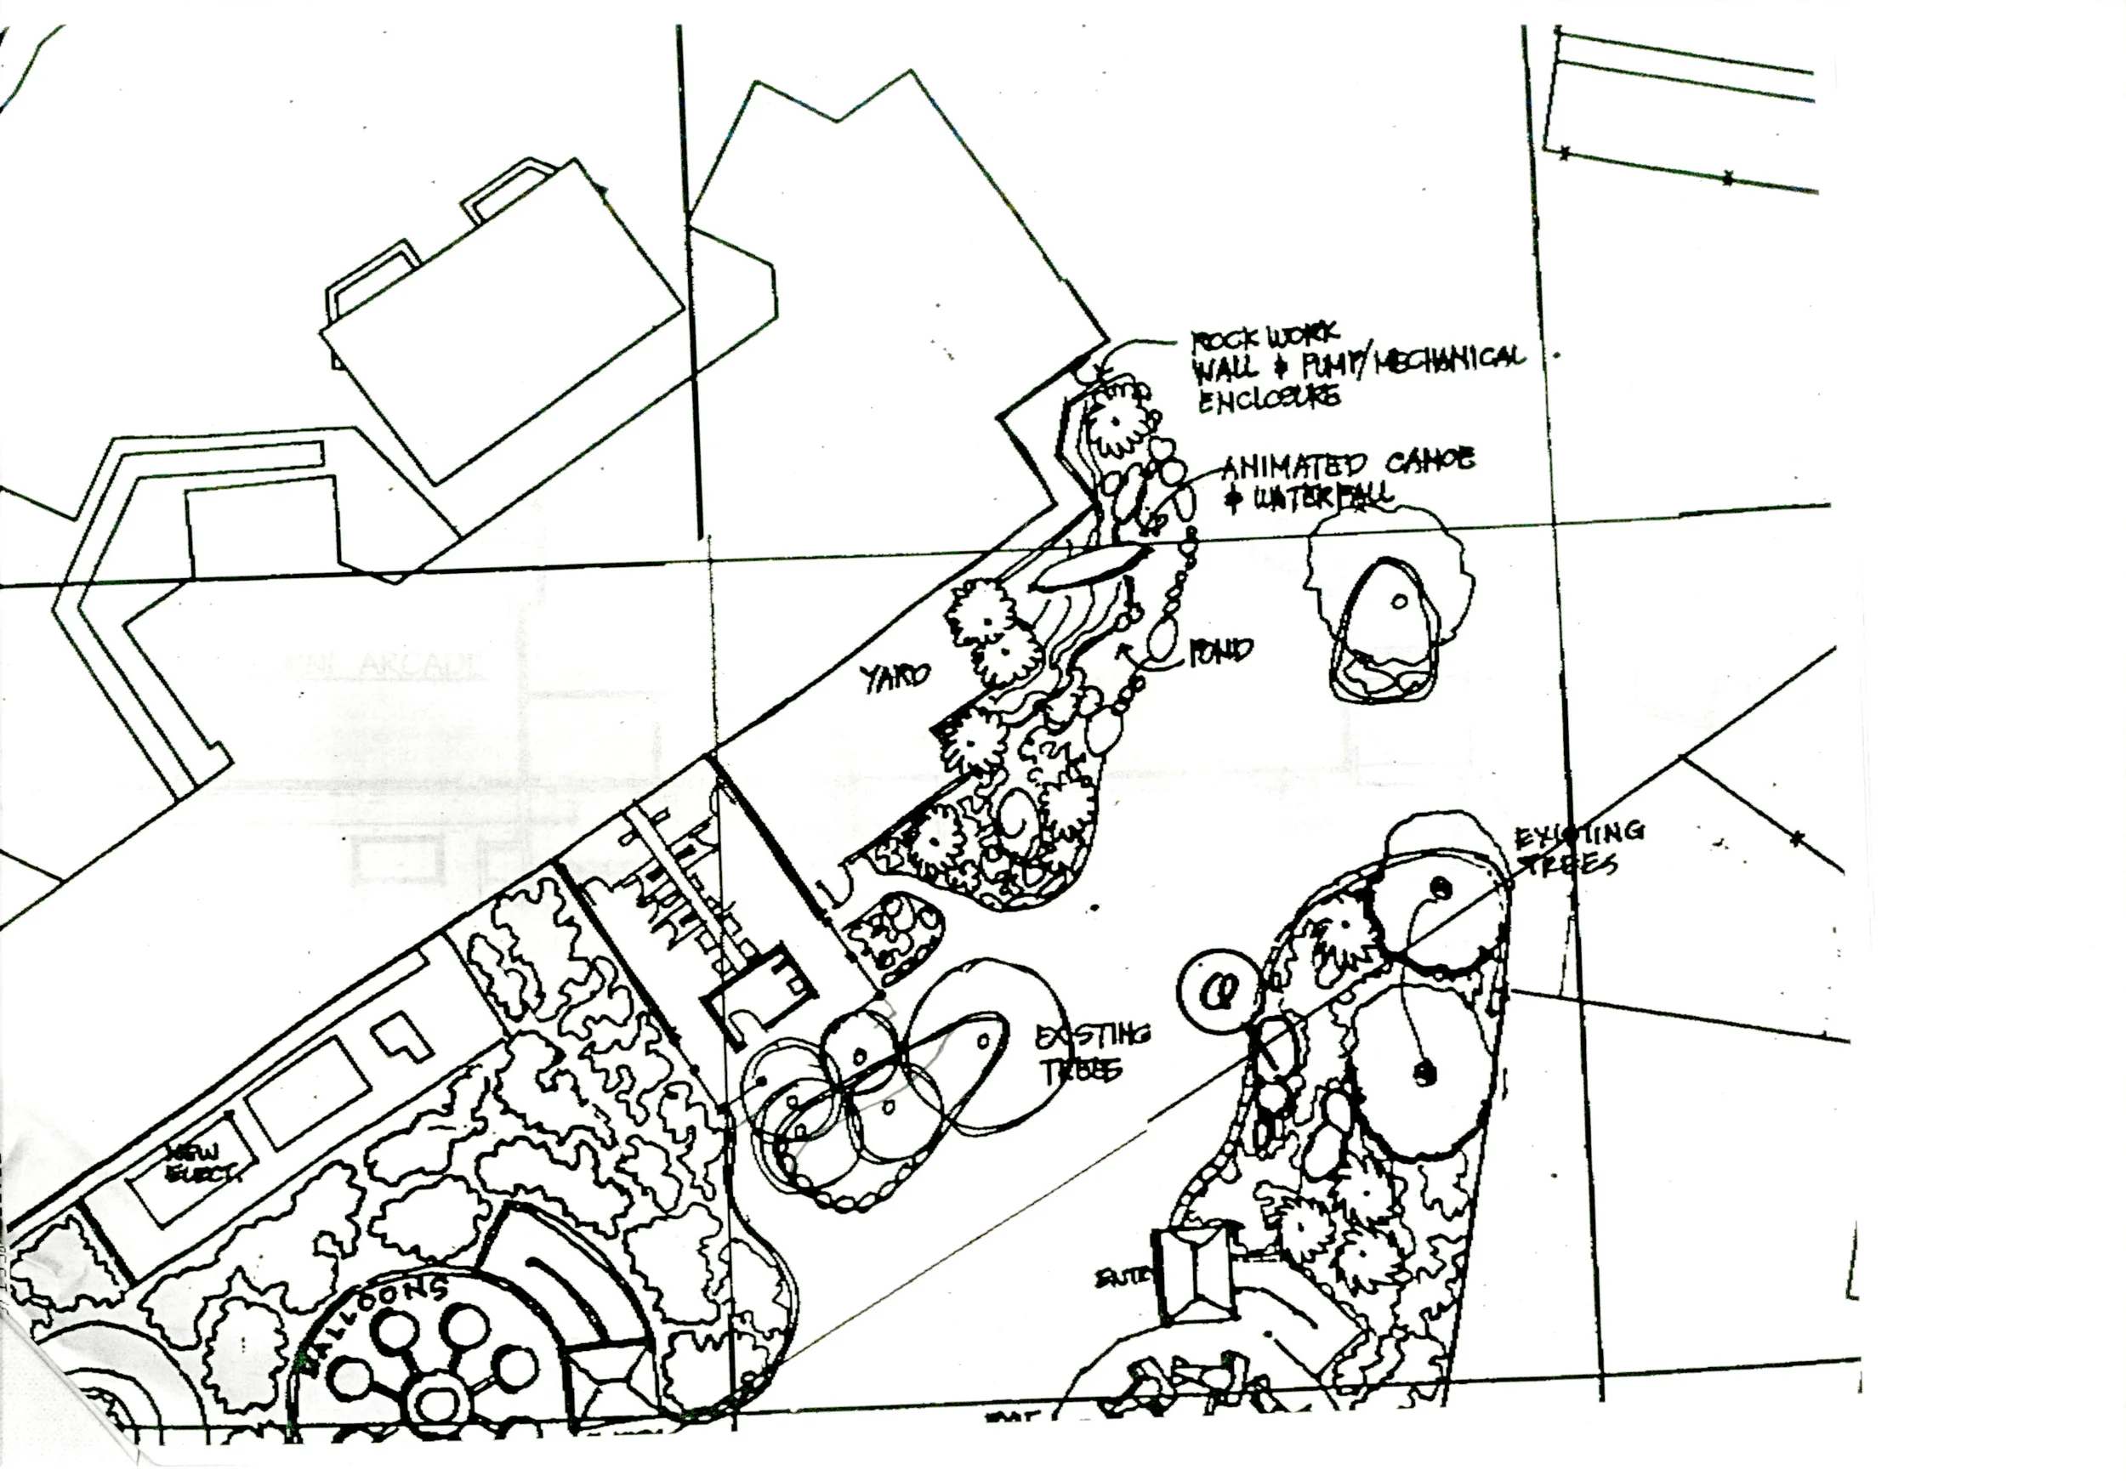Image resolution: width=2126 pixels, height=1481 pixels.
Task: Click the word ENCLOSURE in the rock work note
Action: (x=1269, y=398)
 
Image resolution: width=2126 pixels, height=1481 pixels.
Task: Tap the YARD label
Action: (x=896, y=678)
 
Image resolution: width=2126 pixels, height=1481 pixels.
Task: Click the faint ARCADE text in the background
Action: (x=421, y=666)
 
